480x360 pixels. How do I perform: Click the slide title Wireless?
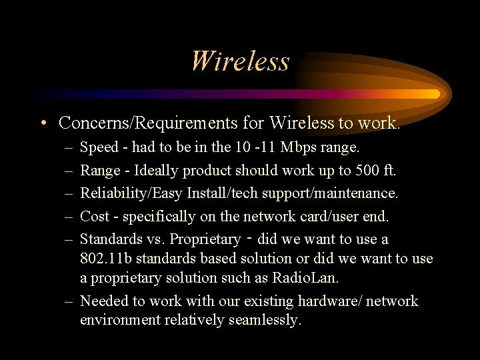pos(239,61)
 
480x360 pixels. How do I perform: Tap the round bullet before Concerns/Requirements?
pos(42,123)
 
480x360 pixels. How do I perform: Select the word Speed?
pos(99,147)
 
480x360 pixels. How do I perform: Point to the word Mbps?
pos(300,147)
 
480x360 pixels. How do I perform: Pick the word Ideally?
pos(157,170)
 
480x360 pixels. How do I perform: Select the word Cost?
pos(95,216)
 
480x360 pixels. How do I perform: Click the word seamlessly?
pos(265,320)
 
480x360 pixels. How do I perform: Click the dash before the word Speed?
pos(69,147)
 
